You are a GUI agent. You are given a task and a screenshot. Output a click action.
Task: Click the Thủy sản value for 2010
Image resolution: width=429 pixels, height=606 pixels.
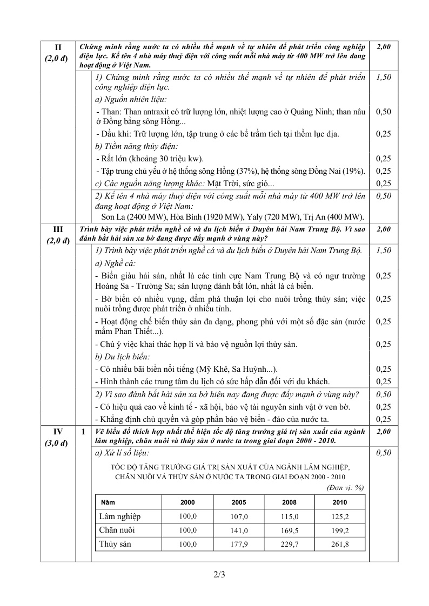340,544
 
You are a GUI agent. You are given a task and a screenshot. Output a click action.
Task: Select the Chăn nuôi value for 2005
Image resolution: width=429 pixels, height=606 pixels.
239,530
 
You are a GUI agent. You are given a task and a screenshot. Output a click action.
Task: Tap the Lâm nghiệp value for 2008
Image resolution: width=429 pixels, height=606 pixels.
290,516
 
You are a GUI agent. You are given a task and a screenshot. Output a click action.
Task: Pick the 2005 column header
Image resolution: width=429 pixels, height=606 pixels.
239,502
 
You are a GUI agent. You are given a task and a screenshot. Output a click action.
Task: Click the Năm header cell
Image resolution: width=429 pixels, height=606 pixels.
108,502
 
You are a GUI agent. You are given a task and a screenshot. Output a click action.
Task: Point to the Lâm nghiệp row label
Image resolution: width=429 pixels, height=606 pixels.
120,516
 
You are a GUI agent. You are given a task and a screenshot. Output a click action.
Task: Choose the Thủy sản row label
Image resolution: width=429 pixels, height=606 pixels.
115,544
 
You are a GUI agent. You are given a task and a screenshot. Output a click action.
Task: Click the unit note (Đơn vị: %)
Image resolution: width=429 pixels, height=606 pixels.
345,487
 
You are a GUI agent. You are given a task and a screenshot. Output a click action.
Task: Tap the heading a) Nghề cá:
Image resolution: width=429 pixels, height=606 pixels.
115,263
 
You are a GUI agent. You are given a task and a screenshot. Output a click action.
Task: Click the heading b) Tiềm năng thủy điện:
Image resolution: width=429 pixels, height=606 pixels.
136,146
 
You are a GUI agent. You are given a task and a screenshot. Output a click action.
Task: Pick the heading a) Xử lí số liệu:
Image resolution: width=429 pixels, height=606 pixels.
122,453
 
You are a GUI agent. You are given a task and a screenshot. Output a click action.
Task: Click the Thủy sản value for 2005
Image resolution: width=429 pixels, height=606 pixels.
239,544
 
